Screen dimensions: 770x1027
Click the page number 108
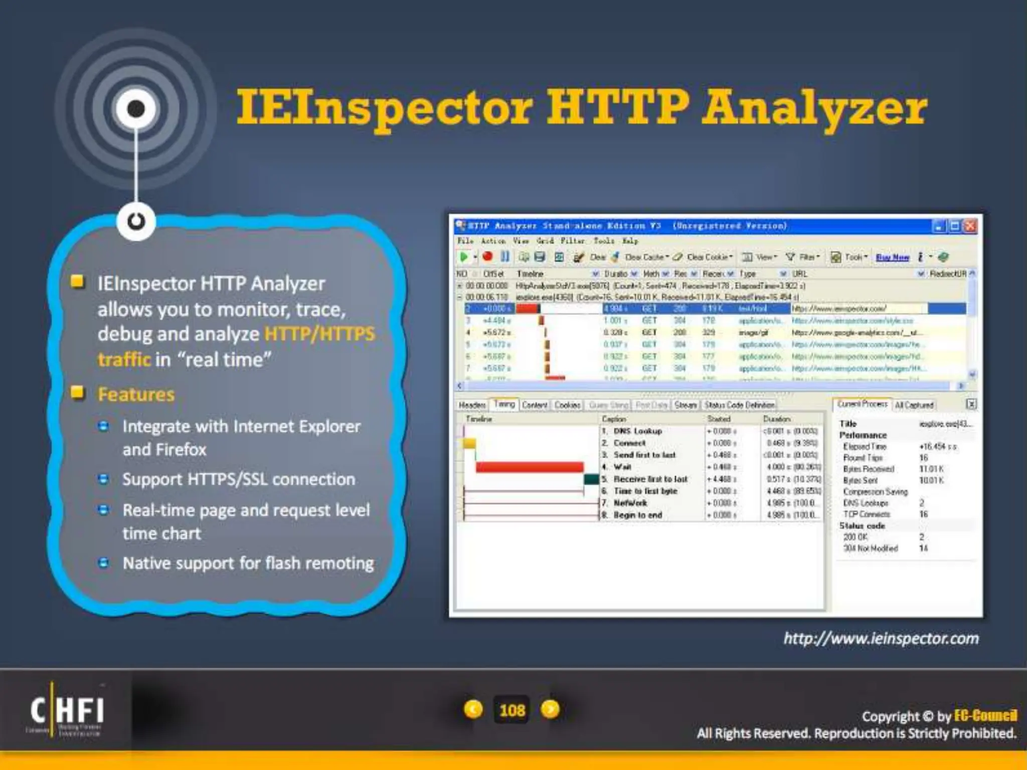pyautogui.click(x=512, y=710)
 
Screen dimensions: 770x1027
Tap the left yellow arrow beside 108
pyautogui.click(x=473, y=709)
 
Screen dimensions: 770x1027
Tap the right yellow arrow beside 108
pyautogui.click(x=550, y=709)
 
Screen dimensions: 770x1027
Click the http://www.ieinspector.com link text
pyautogui.click(x=881, y=639)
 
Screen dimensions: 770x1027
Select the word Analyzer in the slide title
pyautogui.click(x=814, y=108)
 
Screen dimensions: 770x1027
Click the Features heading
pyautogui.click(x=136, y=395)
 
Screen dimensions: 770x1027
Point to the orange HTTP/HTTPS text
pyautogui.click(x=319, y=334)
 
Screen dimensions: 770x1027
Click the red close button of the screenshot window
pyautogui.click(x=970, y=226)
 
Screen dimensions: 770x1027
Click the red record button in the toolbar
pyautogui.click(x=487, y=257)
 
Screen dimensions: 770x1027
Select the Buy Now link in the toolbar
pyautogui.click(x=892, y=257)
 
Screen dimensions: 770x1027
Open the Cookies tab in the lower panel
pyautogui.click(x=567, y=405)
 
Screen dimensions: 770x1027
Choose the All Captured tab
pyautogui.click(x=914, y=405)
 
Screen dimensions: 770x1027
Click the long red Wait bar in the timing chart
pyautogui.click(x=529, y=467)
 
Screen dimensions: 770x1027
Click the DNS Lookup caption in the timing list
pyautogui.click(x=637, y=431)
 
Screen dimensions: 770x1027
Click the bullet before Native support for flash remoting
pyautogui.click(x=104, y=563)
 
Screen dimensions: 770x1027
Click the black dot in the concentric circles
pyautogui.click(x=136, y=108)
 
